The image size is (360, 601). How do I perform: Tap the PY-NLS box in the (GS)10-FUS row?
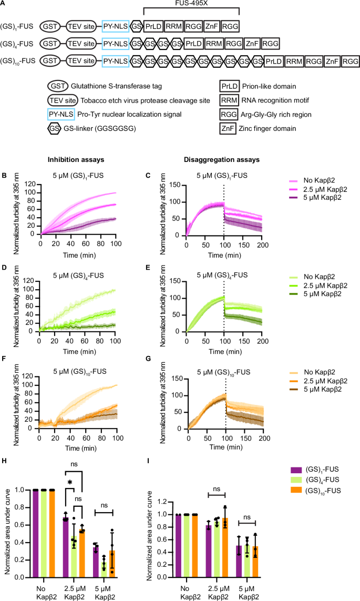pyautogui.click(x=116, y=62)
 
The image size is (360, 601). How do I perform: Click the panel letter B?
pyautogui.click(x=4, y=171)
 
